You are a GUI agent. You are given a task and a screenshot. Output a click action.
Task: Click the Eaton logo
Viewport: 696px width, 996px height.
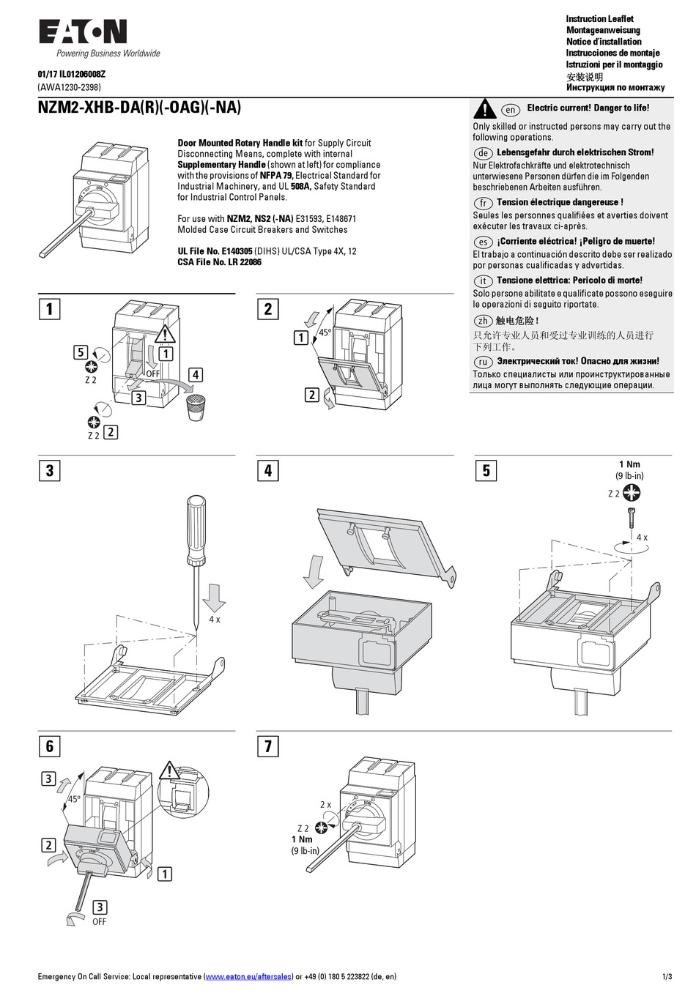coord(83,31)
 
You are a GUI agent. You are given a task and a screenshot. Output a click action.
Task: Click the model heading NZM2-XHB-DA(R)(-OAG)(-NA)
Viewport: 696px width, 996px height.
coord(139,108)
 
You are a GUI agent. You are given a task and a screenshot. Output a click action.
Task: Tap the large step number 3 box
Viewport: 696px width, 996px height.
coord(49,470)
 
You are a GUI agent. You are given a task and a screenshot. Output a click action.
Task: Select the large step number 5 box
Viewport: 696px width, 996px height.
coord(486,470)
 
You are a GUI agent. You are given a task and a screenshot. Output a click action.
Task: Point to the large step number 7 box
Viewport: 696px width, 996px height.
coord(267,746)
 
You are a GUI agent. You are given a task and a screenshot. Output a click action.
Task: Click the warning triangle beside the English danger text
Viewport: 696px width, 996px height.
coord(484,109)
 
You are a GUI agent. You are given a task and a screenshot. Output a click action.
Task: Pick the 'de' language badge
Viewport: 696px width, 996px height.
coord(483,153)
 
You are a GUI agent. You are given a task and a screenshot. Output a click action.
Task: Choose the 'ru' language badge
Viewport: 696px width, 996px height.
coord(483,362)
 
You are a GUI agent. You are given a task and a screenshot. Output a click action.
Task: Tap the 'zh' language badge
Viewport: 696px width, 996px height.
coord(483,321)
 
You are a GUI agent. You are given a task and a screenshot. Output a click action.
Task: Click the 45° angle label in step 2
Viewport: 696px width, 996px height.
coord(325,332)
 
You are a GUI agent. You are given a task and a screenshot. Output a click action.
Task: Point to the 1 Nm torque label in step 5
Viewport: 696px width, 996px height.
coord(629,464)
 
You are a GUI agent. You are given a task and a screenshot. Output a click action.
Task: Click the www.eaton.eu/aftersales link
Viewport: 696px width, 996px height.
coord(248,977)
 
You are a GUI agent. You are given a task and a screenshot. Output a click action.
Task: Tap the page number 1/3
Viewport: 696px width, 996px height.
coord(667,977)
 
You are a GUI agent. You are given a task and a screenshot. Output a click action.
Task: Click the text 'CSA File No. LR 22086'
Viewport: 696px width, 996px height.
coord(219,262)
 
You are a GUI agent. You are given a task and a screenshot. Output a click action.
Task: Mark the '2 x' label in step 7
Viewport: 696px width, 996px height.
coord(325,804)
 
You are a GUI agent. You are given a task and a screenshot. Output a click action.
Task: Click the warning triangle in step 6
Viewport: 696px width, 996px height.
coord(169,771)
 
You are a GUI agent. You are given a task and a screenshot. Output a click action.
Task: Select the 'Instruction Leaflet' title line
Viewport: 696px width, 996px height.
coord(599,19)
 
